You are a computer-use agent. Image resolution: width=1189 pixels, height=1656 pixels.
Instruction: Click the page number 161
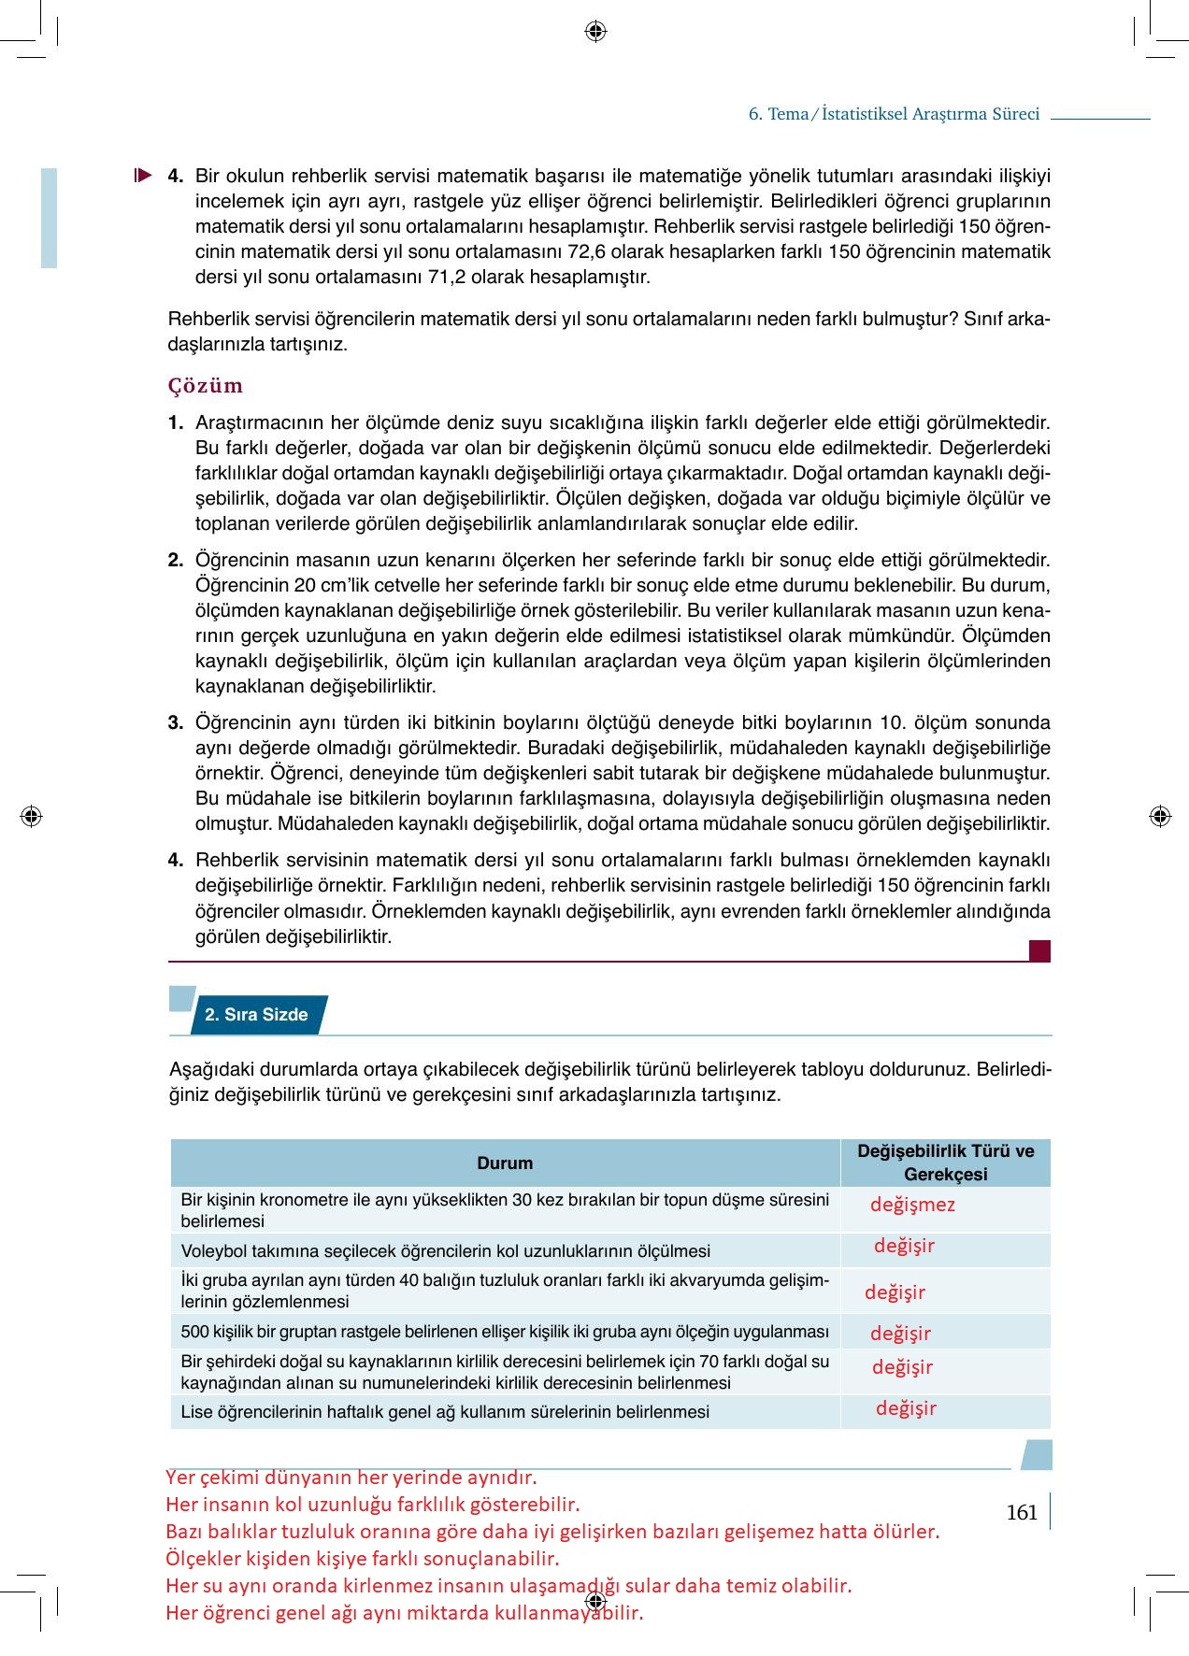click(1022, 1512)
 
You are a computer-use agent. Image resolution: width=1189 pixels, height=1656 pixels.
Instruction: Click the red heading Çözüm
click(205, 385)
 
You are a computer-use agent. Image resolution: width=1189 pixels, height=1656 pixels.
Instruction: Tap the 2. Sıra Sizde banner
click(256, 1015)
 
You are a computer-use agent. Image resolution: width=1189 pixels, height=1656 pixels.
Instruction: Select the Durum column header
click(505, 1163)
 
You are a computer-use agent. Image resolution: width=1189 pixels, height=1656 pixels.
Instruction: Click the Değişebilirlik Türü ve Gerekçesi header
click(945, 1163)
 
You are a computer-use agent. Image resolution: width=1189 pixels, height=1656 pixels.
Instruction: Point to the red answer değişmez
click(912, 1205)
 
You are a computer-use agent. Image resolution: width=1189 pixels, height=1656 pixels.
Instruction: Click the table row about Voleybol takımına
click(445, 1250)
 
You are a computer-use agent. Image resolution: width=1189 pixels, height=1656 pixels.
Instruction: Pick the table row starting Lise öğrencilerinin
click(444, 1411)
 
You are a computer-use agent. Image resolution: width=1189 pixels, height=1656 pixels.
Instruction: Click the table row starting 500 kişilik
click(505, 1331)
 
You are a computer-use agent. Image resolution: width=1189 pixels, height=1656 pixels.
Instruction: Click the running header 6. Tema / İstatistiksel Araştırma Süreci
click(894, 114)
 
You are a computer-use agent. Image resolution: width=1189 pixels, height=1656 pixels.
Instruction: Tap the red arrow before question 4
click(142, 175)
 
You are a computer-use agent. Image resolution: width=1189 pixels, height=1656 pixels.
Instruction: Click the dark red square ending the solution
click(1039, 950)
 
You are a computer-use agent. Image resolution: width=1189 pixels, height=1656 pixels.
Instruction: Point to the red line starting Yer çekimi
click(351, 1478)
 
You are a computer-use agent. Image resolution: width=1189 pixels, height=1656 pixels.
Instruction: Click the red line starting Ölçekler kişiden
click(362, 1559)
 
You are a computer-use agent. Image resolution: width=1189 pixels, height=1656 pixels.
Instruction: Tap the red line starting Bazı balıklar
click(552, 1532)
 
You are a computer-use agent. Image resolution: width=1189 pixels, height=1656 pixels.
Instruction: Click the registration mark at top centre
click(595, 32)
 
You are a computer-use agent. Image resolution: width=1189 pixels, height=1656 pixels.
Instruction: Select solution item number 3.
click(176, 722)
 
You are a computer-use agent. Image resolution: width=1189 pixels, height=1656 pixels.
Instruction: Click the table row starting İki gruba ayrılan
click(505, 1291)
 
